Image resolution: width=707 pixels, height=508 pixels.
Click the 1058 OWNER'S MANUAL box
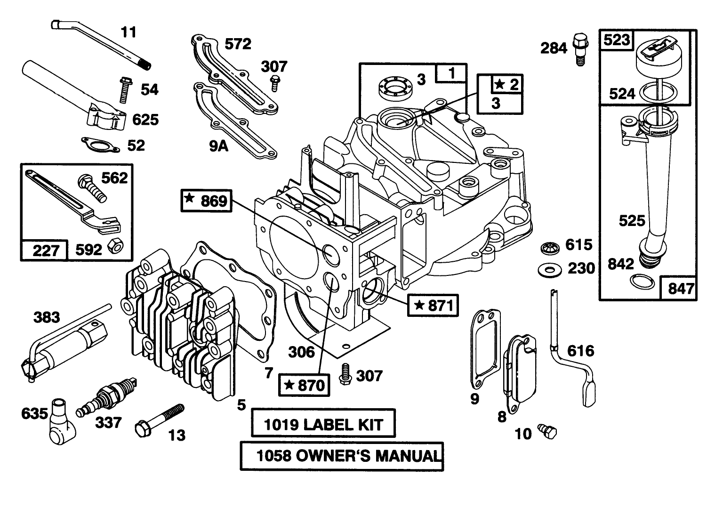(x=342, y=455)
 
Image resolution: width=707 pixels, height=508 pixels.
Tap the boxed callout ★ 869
(x=206, y=201)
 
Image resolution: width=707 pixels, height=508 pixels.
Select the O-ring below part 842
(x=642, y=282)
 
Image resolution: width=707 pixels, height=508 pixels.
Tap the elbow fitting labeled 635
(x=59, y=421)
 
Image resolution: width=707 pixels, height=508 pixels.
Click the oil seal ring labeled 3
(x=395, y=87)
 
